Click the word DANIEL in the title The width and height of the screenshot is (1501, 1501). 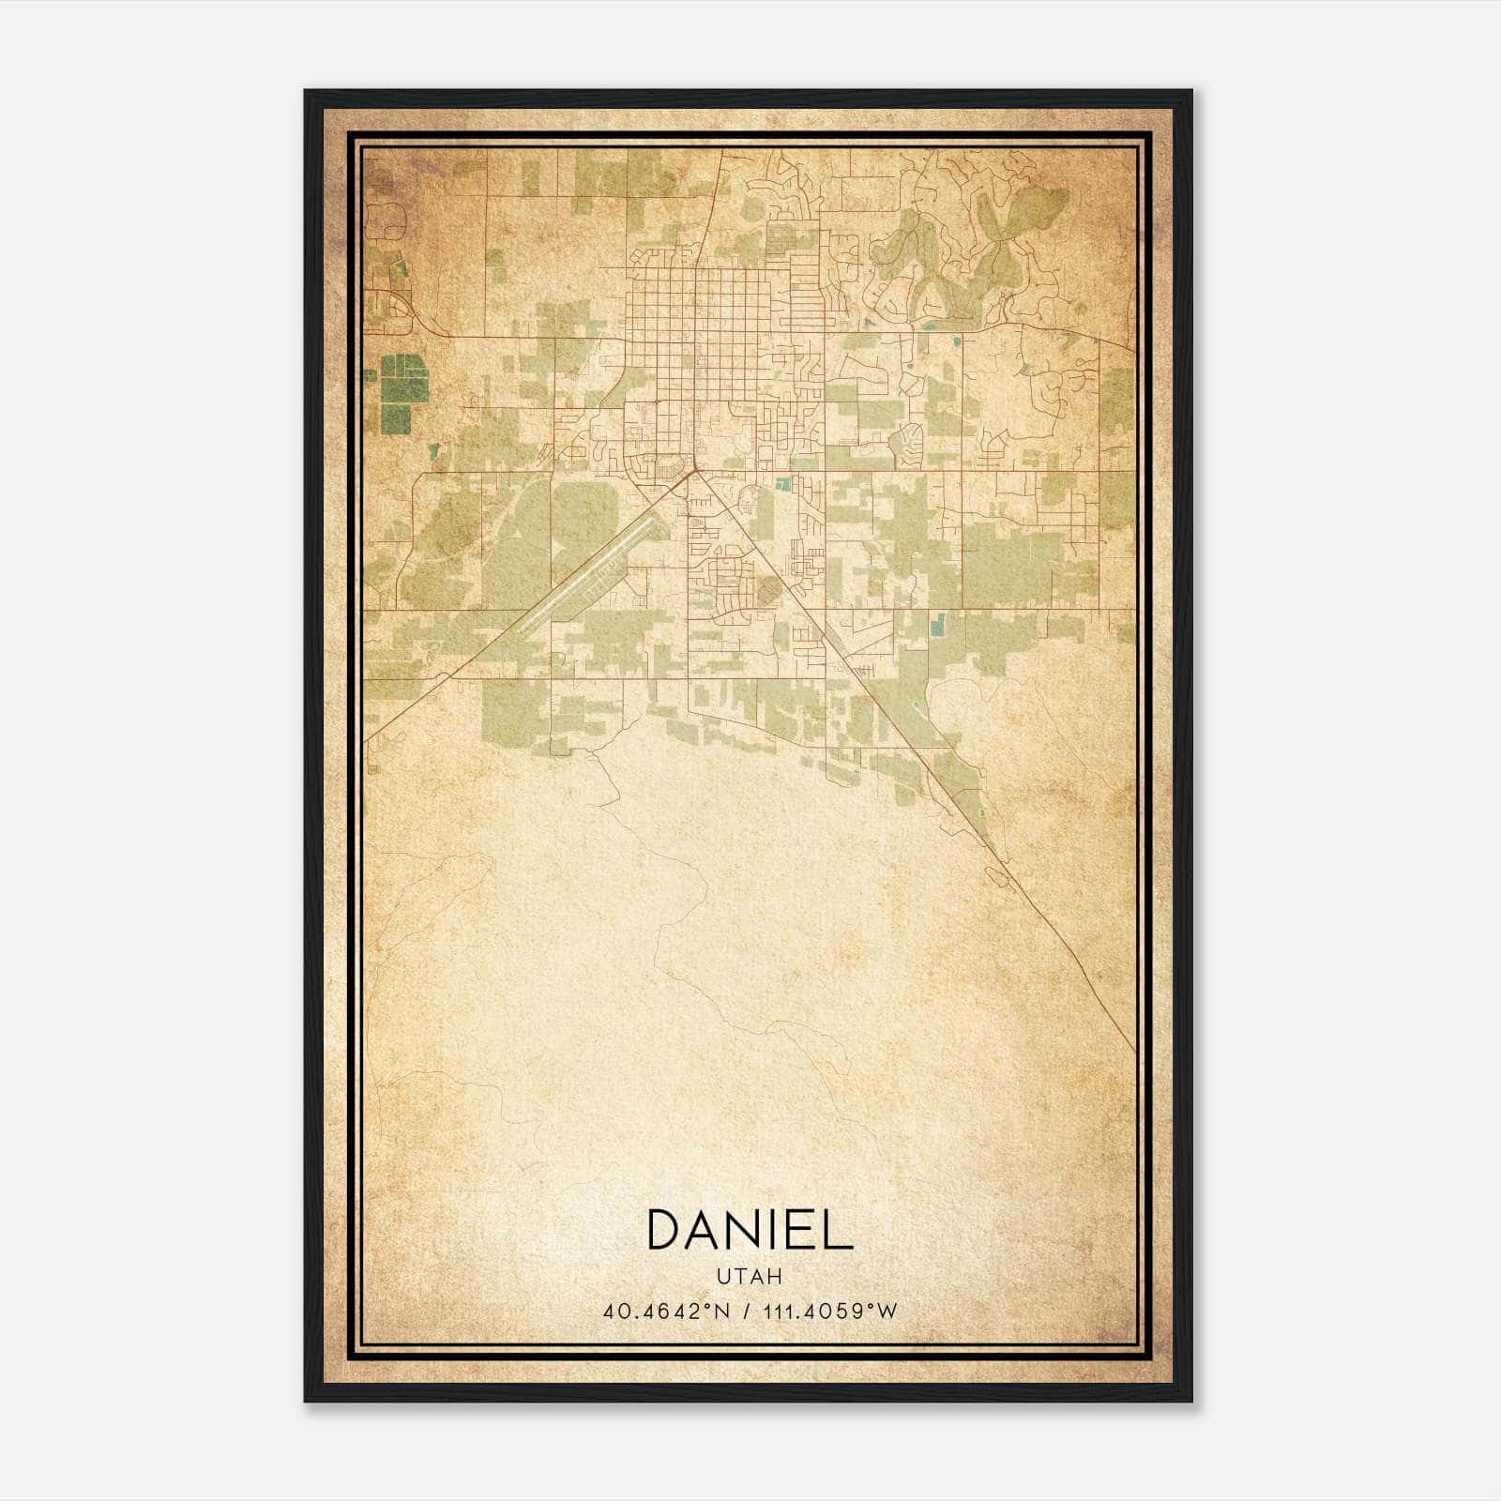click(x=750, y=1230)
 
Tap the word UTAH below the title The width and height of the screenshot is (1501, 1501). click(x=750, y=1277)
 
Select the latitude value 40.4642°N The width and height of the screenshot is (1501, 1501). click(x=667, y=1311)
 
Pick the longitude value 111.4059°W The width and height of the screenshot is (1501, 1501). click(x=829, y=1311)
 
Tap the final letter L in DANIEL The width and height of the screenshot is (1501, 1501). click(x=840, y=1230)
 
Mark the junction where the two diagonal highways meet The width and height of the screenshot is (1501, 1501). click(x=692, y=473)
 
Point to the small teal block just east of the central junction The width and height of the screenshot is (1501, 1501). click(x=784, y=484)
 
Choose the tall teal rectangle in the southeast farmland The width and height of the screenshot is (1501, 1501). click(x=937, y=623)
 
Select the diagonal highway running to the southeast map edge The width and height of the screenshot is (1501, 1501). click(x=1032, y=901)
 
